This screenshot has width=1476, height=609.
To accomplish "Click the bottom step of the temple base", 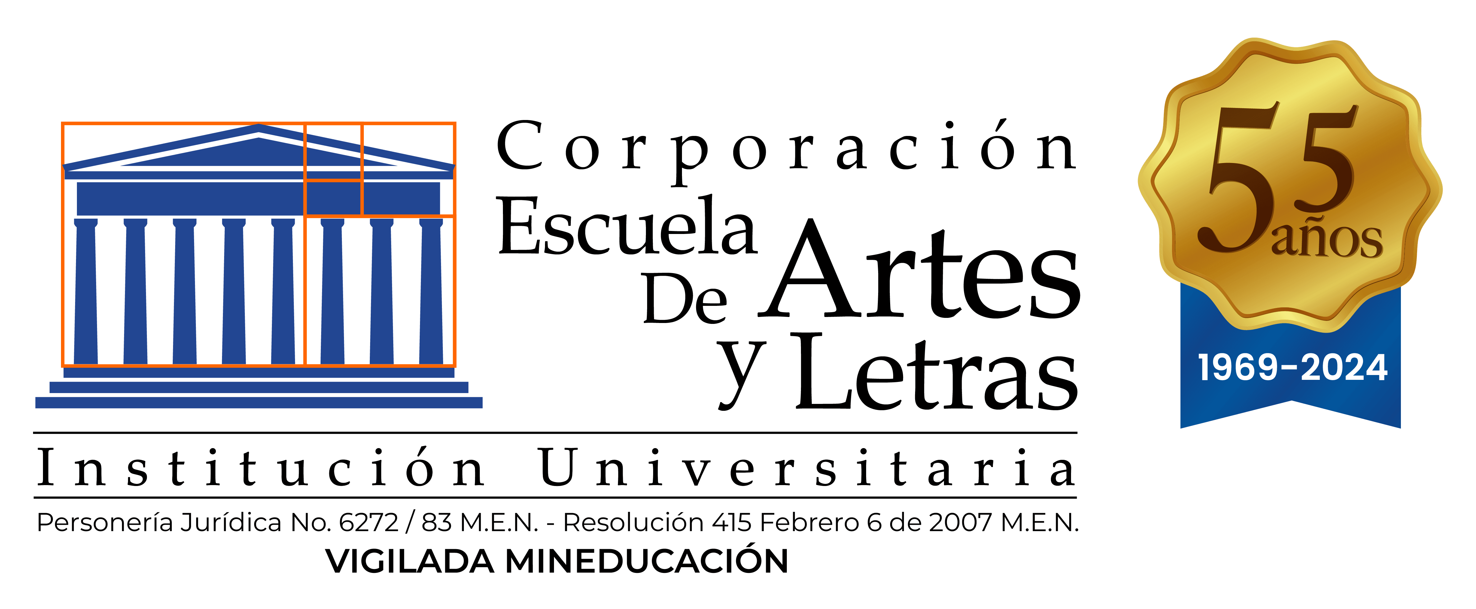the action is pyautogui.click(x=259, y=403).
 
